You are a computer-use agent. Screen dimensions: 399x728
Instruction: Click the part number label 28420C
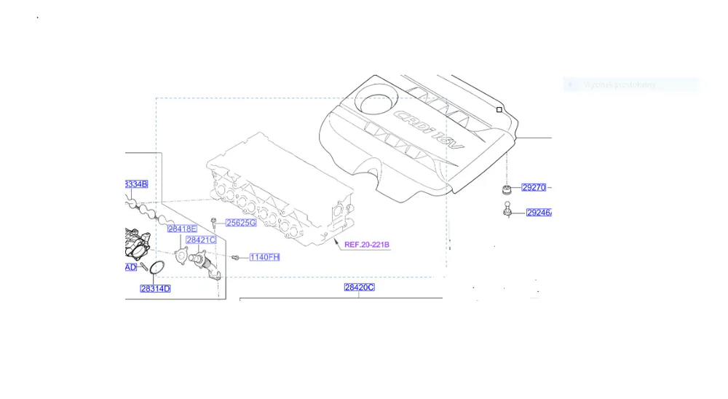point(359,288)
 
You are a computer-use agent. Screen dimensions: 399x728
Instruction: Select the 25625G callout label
point(240,223)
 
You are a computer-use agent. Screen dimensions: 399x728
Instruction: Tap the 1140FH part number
point(264,257)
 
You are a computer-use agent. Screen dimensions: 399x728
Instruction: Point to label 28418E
point(182,229)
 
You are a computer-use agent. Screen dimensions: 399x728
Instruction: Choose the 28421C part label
point(200,240)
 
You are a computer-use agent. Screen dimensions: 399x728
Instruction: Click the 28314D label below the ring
point(155,289)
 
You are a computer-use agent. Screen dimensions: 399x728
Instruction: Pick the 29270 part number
point(534,188)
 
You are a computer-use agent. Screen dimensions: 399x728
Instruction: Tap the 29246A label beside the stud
point(539,213)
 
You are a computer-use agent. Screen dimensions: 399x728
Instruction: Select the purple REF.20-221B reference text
point(367,245)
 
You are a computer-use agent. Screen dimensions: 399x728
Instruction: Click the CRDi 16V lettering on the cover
point(429,132)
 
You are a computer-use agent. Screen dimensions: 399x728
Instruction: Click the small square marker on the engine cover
point(499,110)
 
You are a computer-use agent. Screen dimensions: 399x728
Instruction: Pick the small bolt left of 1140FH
point(236,258)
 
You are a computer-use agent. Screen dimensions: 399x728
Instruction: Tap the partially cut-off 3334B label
point(135,184)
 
